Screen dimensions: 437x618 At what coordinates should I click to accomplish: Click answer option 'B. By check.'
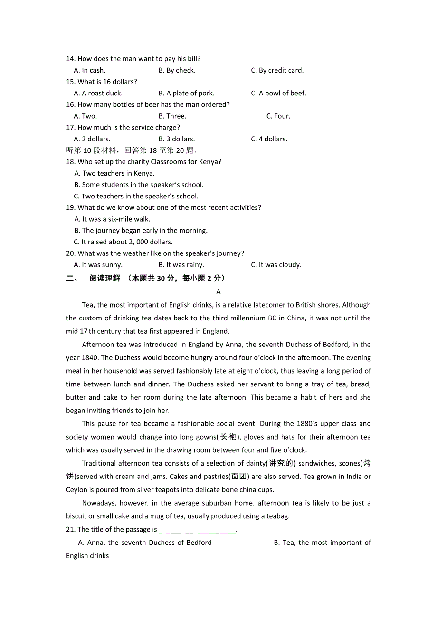177,70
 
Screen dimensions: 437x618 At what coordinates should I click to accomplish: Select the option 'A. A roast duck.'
98,93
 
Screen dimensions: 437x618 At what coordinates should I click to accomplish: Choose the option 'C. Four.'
278,116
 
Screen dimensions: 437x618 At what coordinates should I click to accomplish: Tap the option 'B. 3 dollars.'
177,139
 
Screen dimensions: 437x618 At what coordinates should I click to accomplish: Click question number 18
71,162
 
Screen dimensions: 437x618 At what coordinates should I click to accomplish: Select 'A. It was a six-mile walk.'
112,219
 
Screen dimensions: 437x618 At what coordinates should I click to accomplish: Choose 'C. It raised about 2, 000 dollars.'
123,242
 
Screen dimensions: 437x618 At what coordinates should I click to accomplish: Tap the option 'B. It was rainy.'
181,265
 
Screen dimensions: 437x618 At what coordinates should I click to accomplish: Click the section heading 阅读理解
104,278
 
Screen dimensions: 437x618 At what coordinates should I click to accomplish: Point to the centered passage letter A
218,291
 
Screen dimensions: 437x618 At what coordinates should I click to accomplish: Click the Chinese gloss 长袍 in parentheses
228,437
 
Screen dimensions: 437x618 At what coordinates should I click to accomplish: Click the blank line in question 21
197,530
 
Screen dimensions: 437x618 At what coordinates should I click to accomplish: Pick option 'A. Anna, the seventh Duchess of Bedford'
145,543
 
